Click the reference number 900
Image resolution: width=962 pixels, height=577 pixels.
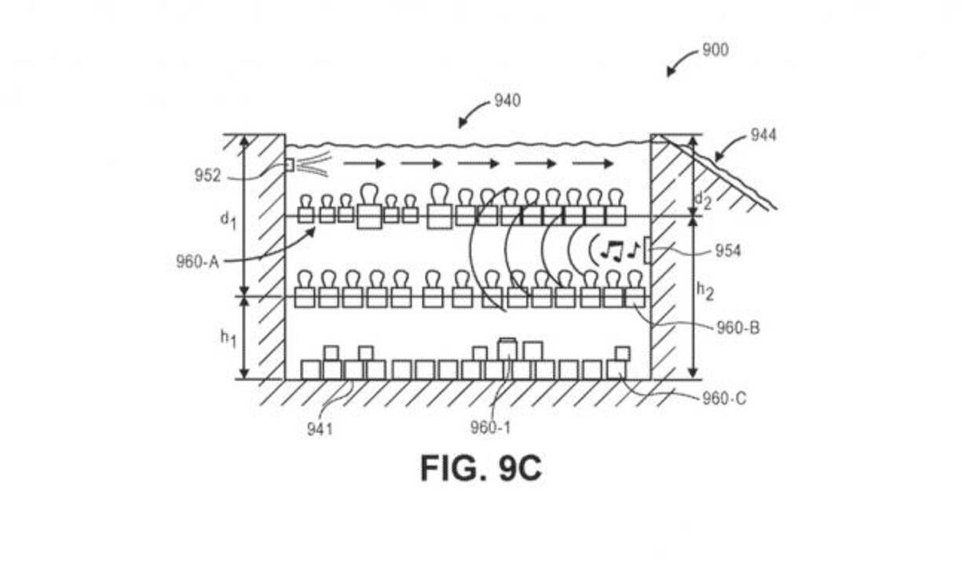(x=715, y=50)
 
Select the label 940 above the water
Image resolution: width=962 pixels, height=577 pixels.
(x=507, y=100)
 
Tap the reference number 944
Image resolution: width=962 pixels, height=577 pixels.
(x=763, y=135)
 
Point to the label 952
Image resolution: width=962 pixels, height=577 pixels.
(x=208, y=176)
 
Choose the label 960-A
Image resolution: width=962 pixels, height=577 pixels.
(x=197, y=261)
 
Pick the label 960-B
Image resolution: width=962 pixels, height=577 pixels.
(x=737, y=328)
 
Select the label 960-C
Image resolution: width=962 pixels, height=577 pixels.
(x=725, y=399)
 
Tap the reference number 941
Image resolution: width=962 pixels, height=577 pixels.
(x=320, y=429)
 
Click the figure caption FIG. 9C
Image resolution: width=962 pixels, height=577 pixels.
(x=481, y=469)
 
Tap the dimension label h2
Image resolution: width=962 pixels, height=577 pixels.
(x=705, y=290)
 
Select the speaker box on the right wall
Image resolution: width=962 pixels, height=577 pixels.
(x=646, y=250)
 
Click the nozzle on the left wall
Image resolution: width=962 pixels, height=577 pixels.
(x=289, y=165)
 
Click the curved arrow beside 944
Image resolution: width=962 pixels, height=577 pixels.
(x=730, y=148)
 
